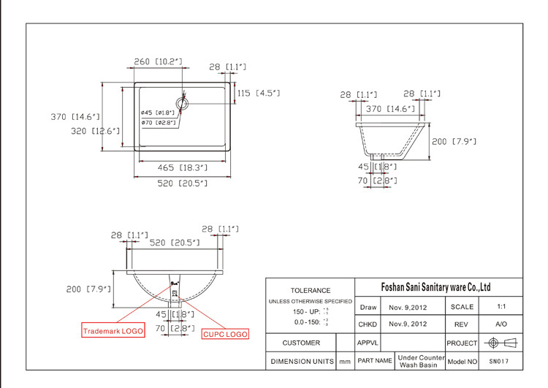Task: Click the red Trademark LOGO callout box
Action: (x=113, y=330)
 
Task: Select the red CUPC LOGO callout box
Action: (x=225, y=334)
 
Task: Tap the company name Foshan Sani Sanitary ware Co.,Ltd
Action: (x=438, y=287)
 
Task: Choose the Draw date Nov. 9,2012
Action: (x=409, y=307)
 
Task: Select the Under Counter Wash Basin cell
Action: (x=420, y=361)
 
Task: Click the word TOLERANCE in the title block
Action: (x=310, y=290)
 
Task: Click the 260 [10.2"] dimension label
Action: (x=158, y=62)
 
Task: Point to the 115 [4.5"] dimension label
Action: (x=258, y=93)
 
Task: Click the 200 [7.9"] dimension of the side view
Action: (x=454, y=141)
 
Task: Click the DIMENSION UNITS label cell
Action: (x=301, y=361)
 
